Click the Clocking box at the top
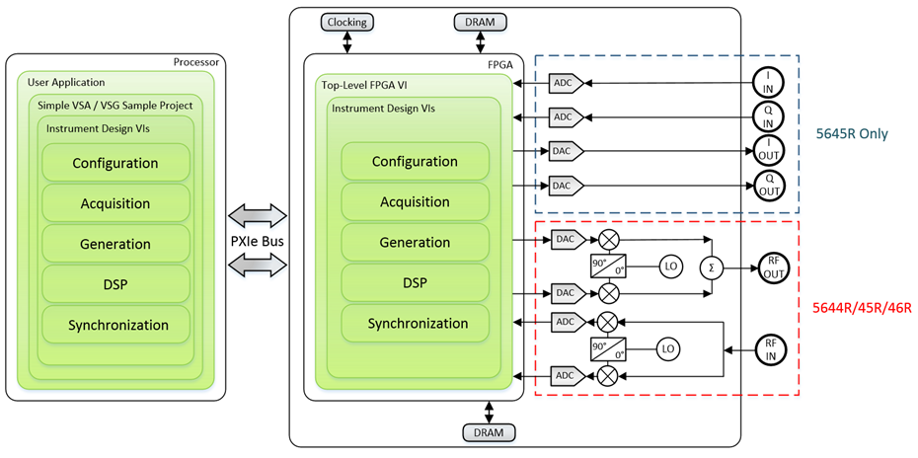click(347, 23)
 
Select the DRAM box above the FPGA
click(480, 23)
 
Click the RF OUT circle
click(771, 267)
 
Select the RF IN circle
click(771, 348)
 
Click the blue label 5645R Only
click(854, 134)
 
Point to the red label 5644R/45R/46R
click(860, 308)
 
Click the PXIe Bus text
click(256, 243)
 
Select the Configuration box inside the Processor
click(115, 163)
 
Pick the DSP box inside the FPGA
click(415, 283)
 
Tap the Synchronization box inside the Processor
click(115, 325)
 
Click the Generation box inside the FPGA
click(415, 243)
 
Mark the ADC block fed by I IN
click(562, 82)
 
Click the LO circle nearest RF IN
click(668, 348)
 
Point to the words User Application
click(67, 83)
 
